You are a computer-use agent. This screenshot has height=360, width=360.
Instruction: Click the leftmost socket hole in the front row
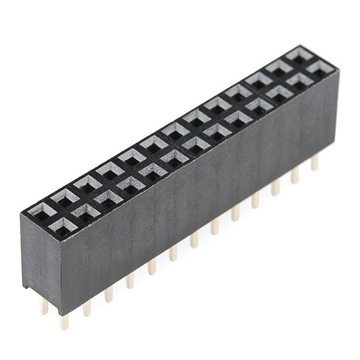63,226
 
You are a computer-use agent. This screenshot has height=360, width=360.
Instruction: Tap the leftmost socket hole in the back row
41,211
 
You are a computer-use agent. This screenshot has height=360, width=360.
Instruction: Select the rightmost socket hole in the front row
320,67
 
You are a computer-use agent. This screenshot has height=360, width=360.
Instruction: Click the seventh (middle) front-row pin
194,239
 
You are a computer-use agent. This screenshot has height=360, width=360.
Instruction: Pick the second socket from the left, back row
64,197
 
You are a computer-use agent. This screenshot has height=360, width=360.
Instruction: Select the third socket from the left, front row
108,198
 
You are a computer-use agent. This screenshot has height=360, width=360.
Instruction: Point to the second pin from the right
295,175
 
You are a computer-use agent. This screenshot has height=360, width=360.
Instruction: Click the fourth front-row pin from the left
130,280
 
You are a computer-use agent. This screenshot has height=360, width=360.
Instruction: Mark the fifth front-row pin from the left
152,266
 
